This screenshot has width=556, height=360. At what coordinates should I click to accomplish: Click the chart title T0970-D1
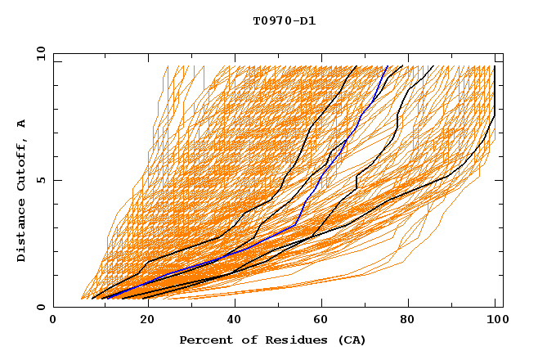(x=284, y=21)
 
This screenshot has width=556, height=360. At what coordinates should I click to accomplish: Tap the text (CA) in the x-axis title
(x=352, y=340)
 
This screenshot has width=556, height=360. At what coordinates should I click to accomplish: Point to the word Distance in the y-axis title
(x=22, y=233)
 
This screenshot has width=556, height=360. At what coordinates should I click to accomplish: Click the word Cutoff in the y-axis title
(x=22, y=164)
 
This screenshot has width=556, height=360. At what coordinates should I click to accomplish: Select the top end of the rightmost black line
(x=495, y=66)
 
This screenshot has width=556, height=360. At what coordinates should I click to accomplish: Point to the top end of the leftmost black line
(x=356, y=66)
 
